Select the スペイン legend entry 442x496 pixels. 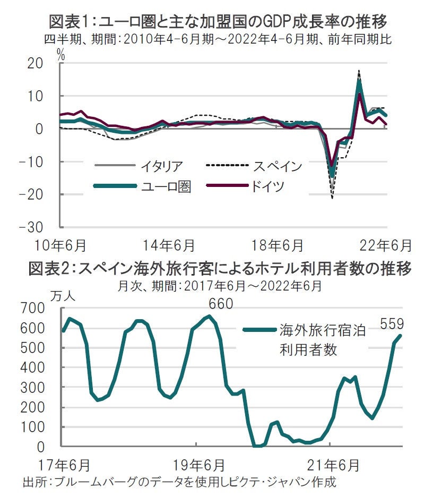(276, 166)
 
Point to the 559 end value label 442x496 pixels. (392, 323)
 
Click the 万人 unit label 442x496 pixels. (63, 296)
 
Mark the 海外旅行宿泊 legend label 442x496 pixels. (323, 330)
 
